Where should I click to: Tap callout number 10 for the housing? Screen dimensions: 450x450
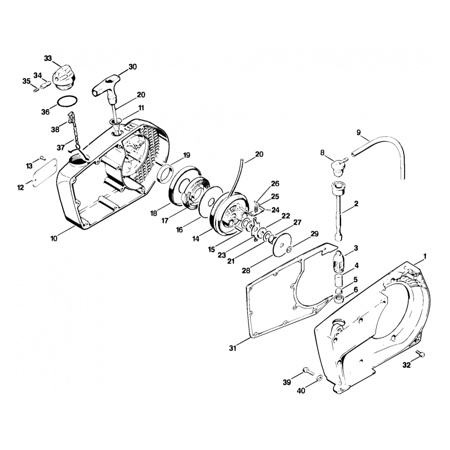tap(54, 238)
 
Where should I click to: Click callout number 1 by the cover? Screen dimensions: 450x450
tap(425, 256)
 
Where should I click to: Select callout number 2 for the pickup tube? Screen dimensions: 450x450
tap(356, 203)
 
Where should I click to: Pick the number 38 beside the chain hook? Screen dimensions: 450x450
tap(55, 129)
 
